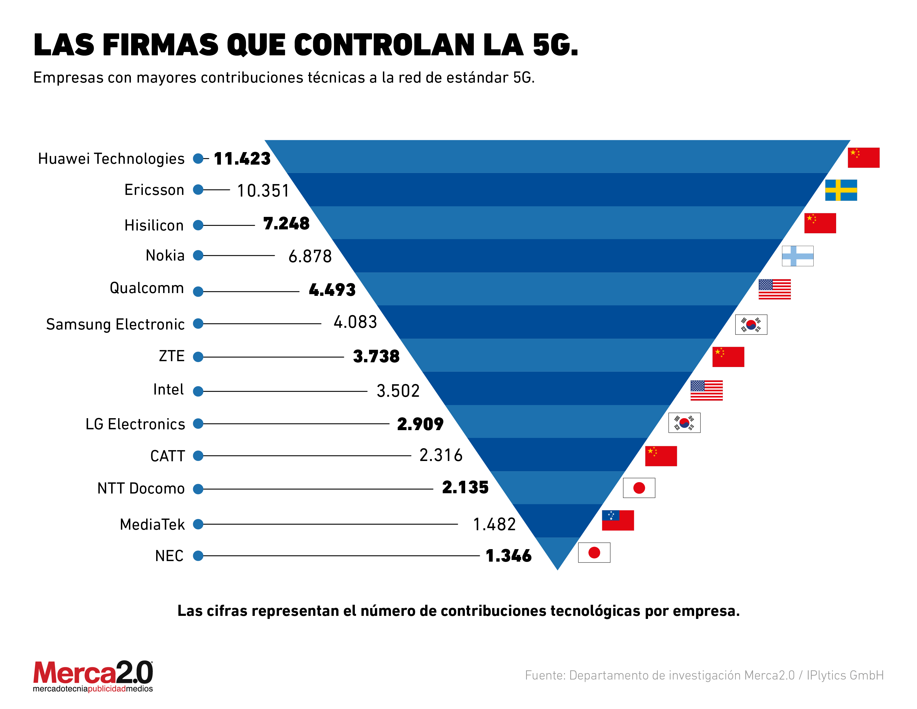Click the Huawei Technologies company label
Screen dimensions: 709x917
click(111, 159)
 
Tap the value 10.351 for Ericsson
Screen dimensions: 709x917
click(263, 191)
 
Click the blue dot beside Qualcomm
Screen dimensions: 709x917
click(198, 291)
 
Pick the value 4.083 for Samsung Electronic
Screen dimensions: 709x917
click(355, 322)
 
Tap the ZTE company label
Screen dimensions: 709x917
click(172, 356)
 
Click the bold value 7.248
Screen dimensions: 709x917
click(286, 224)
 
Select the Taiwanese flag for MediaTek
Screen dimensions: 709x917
click(618, 520)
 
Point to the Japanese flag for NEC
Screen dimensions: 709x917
click(594, 553)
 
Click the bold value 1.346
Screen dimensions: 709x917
click(509, 556)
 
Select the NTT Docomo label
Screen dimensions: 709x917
click(141, 489)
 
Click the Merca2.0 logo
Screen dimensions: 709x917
click(93, 676)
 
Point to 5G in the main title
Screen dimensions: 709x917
click(554, 45)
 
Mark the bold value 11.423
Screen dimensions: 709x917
click(242, 159)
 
